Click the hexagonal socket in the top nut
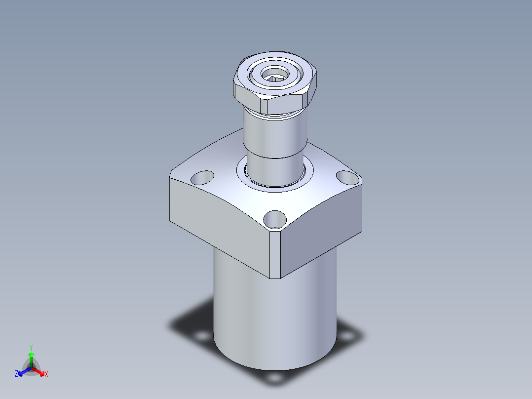(x=275, y=75)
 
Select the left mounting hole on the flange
(x=202, y=178)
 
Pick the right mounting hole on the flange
(x=347, y=178)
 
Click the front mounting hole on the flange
(x=275, y=219)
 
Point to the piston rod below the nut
(x=275, y=143)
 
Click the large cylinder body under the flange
(x=275, y=316)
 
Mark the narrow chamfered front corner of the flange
(x=275, y=255)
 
